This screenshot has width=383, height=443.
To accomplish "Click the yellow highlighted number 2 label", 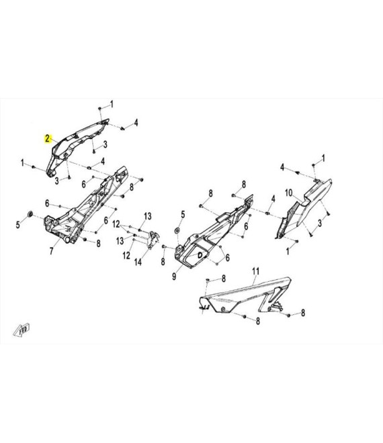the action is point(47,139).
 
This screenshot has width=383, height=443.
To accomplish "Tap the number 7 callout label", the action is point(51,250).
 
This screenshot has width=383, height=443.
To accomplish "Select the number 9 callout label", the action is point(174,276).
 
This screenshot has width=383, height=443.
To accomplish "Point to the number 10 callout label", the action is point(288,193).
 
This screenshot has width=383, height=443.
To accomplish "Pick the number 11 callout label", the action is point(256,272).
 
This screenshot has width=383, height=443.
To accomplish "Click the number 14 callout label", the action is point(138,262).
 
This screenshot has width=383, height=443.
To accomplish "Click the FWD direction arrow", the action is point(22,330).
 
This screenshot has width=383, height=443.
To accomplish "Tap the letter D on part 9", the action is point(200,255).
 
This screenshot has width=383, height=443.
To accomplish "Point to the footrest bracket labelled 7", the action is point(85,206).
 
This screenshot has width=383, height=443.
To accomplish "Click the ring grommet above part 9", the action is point(177,230).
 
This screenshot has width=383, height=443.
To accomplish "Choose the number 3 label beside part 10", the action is point(320,224).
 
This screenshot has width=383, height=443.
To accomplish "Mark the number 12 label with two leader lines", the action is point(116,224).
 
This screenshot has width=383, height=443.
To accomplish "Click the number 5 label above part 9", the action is point(183,214).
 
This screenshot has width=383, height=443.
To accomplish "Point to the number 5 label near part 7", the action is point(18,225).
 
